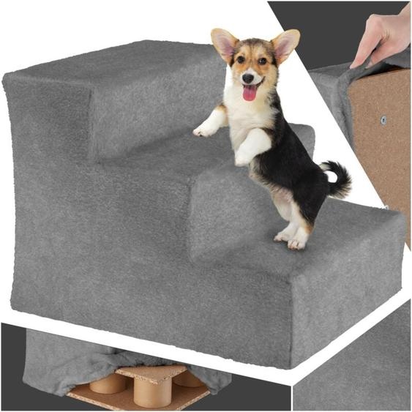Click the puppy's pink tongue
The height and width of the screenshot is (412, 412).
[250, 92]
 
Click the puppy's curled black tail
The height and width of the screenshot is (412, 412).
[338, 179]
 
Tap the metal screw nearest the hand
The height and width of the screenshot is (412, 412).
[383, 119]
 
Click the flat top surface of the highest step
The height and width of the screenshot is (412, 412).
[110, 62]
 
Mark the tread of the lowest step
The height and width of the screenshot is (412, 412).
[344, 227]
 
